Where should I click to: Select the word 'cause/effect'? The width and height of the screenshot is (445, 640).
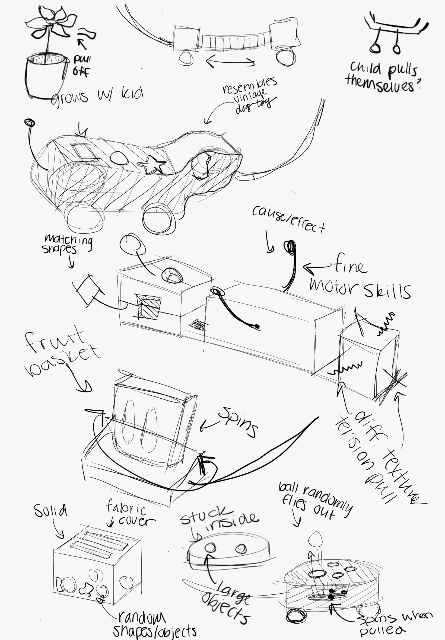289,220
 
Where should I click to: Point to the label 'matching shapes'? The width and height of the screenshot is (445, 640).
67,244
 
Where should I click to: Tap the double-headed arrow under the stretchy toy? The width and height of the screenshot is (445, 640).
230,61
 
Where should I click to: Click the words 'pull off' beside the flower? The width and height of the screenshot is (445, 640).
81,66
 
